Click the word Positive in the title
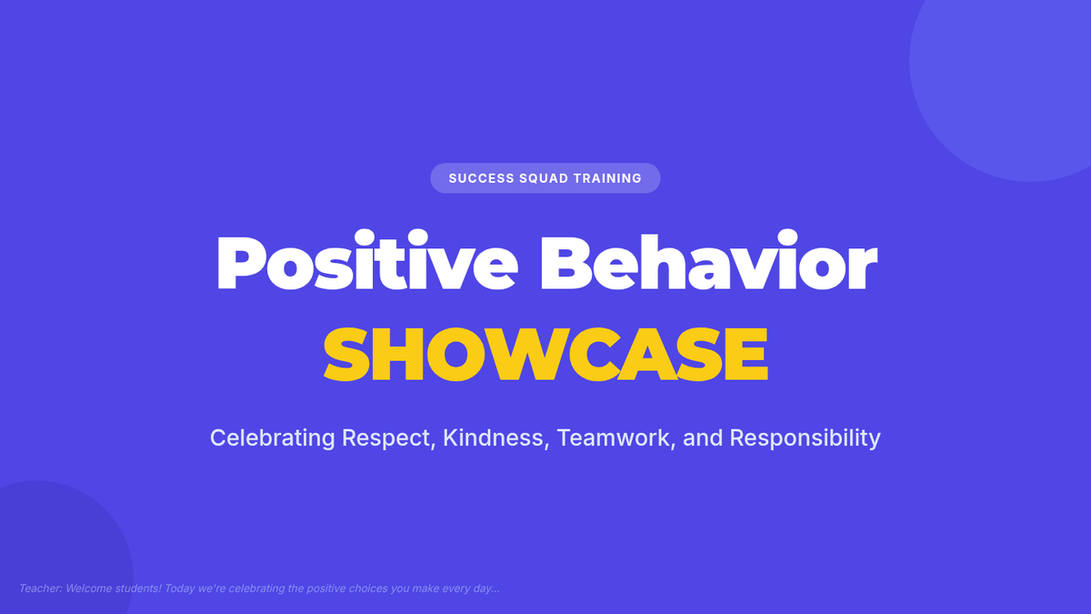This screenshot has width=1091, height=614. click(x=367, y=260)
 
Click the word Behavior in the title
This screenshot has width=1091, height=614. click(x=709, y=260)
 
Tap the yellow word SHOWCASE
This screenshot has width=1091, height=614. click(x=545, y=354)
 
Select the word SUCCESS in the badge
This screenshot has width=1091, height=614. click(x=481, y=178)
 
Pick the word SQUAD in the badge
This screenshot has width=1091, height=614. click(x=544, y=178)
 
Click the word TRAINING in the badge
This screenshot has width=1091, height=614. click(x=607, y=178)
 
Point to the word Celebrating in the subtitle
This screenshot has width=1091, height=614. click(x=272, y=438)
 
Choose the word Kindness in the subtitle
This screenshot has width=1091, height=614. click(x=495, y=438)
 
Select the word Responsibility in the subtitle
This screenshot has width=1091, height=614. click(x=806, y=438)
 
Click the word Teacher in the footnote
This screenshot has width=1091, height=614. click(x=41, y=589)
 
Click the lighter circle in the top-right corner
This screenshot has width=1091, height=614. click(x=1013, y=73)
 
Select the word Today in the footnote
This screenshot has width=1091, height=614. click(x=179, y=589)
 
